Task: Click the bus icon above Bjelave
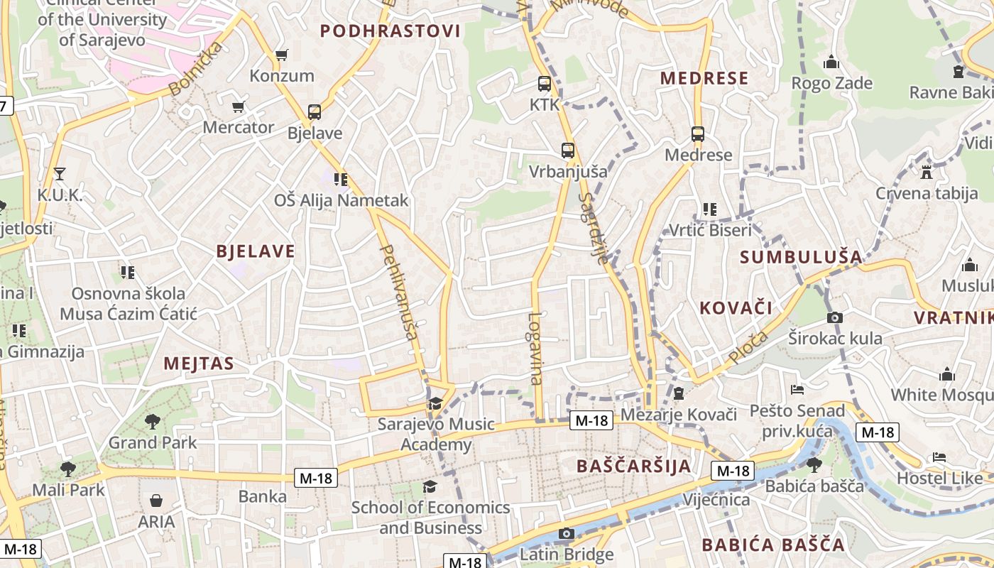click(315, 111)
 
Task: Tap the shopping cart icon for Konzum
click(282, 55)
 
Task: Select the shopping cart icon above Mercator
click(239, 106)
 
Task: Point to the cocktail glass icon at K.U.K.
click(59, 173)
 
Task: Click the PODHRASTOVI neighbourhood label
click(390, 31)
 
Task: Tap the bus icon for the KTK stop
click(545, 84)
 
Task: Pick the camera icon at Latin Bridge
click(566, 533)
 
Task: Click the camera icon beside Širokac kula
click(835, 317)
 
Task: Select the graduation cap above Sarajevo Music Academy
click(435, 403)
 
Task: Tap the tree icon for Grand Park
click(153, 422)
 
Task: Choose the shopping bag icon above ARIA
click(156, 501)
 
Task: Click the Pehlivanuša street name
click(399, 292)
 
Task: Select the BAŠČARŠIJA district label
click(634, 466)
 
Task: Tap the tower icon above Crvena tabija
click(926, 171)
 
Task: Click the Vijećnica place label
click(716, 500)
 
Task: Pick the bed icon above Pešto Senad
click(797, 390)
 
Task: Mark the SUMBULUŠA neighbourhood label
click(801, 257)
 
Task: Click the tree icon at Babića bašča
click(814, 465)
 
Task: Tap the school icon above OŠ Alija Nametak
click(341, 179)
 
